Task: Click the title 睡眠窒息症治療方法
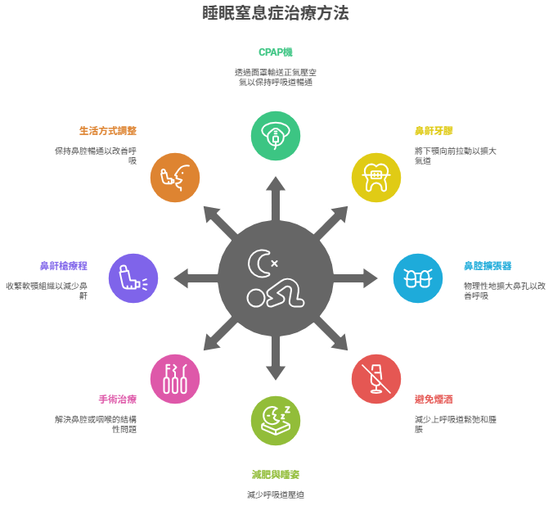click(x=276, y=13)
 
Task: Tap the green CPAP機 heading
click(x=276, y=52)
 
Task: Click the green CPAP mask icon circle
click(x=276, y=136)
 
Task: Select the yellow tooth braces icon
click(x=376, y=178)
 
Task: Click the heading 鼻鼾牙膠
click(x=434, y=131)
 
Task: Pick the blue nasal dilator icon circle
click(x=418, y=278)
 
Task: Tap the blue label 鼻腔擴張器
click(x=488, y=266)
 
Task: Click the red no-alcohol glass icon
click(x=376, y=379)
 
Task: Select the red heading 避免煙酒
click(x=434, y=399)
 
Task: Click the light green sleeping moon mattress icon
click(x=276, y=421)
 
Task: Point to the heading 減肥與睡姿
click(x=276, y=475)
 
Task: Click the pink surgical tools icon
click(x=175, y=379)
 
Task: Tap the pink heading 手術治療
click(x=118, y=399)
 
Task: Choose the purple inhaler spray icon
click(x=133, y=278)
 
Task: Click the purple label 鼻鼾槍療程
click(x=64, y=266)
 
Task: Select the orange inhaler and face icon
click(x=175, y=178)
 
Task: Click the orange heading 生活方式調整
click(x=108, y=131)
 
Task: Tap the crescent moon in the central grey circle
click(x=259, y=264)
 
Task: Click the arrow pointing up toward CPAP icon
click(x=276, y=199)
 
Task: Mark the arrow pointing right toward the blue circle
click(x=355, y=278)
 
